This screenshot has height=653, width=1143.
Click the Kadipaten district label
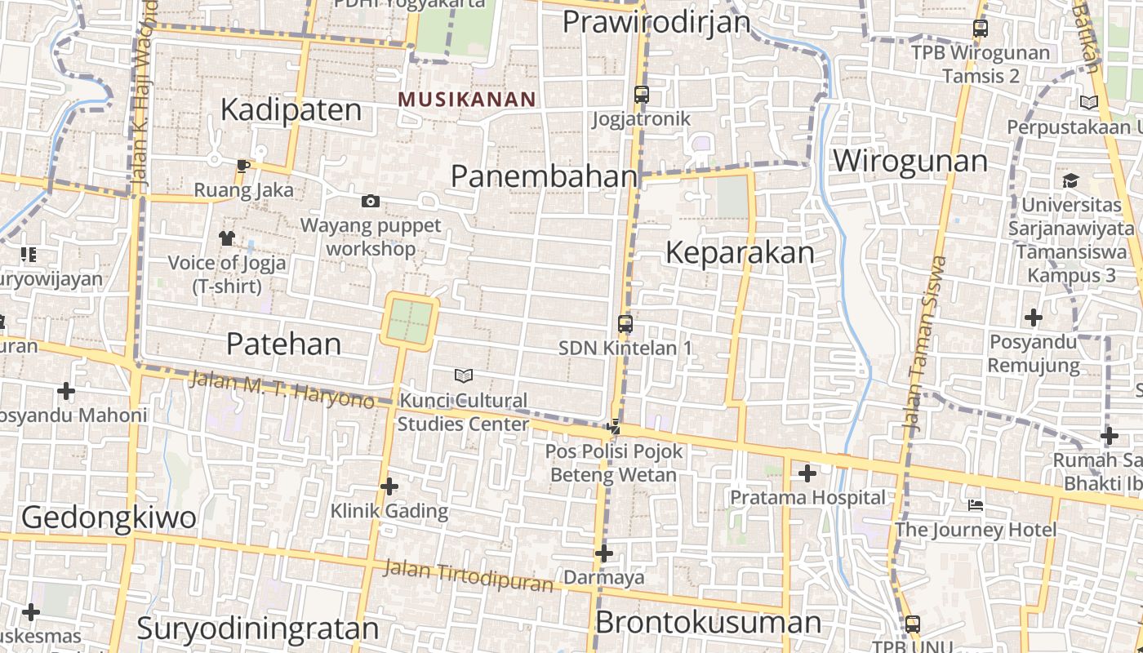point(291,110)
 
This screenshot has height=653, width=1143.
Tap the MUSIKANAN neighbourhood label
point(467,100)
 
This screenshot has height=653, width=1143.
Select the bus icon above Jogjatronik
point(642,95)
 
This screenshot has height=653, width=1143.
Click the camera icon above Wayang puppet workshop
point(371,201)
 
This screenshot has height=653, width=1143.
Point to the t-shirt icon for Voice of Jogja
point(226,238)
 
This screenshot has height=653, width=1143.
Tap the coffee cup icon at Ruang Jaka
point(242,167)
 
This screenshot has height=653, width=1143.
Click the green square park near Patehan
point(409,321)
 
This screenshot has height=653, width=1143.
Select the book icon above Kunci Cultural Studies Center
point(464,375)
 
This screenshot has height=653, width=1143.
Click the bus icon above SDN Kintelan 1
point(625,323)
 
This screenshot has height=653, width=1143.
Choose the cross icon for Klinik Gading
point(389,486)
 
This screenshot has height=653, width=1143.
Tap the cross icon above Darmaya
point(604,553)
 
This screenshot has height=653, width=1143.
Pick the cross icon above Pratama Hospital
point(807,473)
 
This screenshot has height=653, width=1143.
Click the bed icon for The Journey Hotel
point(975,505)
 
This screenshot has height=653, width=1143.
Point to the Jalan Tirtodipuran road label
point(468,575)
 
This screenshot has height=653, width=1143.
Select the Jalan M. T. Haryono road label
point(281,389)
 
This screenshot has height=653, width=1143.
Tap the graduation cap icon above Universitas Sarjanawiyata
point(1070,180)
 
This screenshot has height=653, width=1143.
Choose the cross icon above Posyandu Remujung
point(1034,317)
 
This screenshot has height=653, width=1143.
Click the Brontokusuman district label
point(708,622)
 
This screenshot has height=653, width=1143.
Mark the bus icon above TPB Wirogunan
point(981,29)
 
